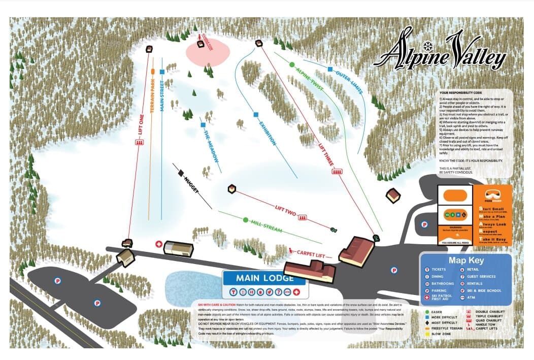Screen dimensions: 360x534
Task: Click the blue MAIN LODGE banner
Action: pyautogui.click(x=264, y=278)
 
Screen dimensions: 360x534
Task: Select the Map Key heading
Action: pyautogui.click(x=466, y=260)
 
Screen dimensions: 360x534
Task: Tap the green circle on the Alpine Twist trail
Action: pyautogui.click(x=292, y=64)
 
